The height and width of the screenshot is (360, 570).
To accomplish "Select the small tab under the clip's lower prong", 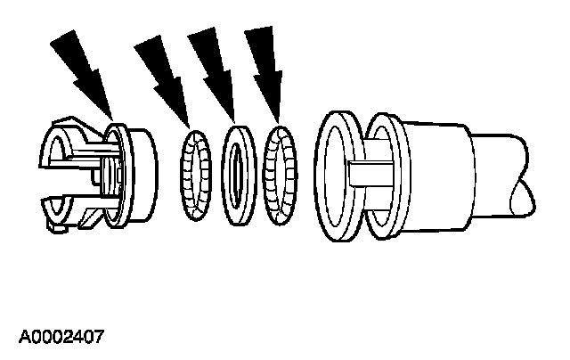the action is coord(58,229).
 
